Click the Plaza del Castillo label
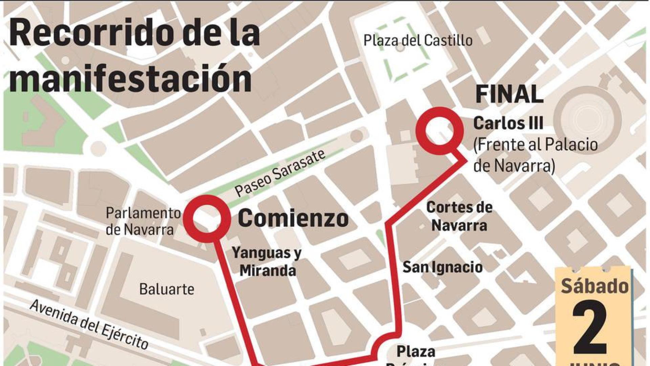pos(418,41)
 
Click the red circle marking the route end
pos(439,131)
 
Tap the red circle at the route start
pos(207,219)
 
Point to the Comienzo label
pos(293,219)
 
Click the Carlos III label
pos(508,123)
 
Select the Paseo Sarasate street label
pos(280,173)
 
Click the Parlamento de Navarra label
pos(143,221)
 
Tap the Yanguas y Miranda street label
pos(267,262)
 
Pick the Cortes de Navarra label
pos(459,216)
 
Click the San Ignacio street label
pos(442,267)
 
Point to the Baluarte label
pos(167,289)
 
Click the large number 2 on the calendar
pos(590,326)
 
